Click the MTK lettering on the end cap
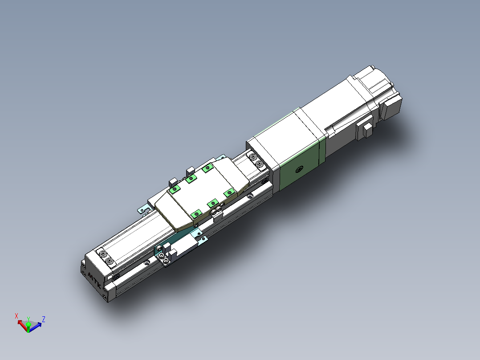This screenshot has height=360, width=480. (x=94, y=279)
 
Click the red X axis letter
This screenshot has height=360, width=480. (x=16, y=315)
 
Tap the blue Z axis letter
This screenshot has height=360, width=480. (x=44, y=319)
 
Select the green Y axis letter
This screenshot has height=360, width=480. (x=28, y=319)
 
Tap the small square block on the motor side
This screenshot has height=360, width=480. (x=367, y=129)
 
